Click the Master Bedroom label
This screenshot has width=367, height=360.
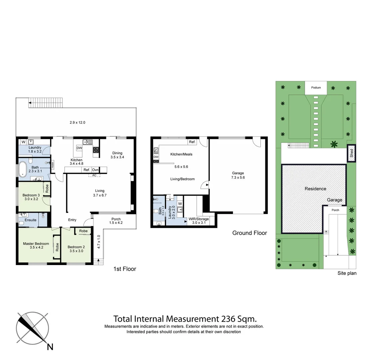pyautogui.click(x=36, y=246)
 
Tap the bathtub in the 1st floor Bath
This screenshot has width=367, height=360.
pyautogui.click(x=23, y=169)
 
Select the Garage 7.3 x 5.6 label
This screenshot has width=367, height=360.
pyautogui.click(x=238, y=175)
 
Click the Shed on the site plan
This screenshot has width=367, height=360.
pyautogui.click(x=351, y=153)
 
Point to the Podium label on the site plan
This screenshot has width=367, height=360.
pyautogui.click(x=316, y=88)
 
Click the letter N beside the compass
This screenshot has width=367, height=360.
pyautogui.click(x=50, y=347)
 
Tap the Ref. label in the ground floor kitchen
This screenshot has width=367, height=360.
pyautogui.click(x=192, y=142)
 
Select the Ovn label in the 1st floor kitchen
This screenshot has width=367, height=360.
pyautogui.click(x=95, y=170)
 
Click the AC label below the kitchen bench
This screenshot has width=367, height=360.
pyautogui.click(x=94, y=175)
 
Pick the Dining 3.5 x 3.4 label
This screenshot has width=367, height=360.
pyautogui.click(x=117, y=155)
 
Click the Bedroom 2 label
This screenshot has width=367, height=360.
pyautogui.click(x=76, y=249)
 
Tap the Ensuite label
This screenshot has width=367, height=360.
pyautogui.click(x=30, y=220)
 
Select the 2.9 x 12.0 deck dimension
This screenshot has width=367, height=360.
pyautogui.click(x=78, y=122)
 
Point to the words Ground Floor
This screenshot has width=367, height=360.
pyautogui.click(x=249, y=233)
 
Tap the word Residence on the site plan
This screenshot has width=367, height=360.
pyautogui.click(x=315, y=189)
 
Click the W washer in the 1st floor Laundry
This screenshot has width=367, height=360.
pyautogui.click(x=23, y=142)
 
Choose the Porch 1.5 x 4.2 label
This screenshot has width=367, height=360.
pyautogui.click(x=116, y=221)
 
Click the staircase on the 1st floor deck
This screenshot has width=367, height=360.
pyautogui.click(x=46, y=103)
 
